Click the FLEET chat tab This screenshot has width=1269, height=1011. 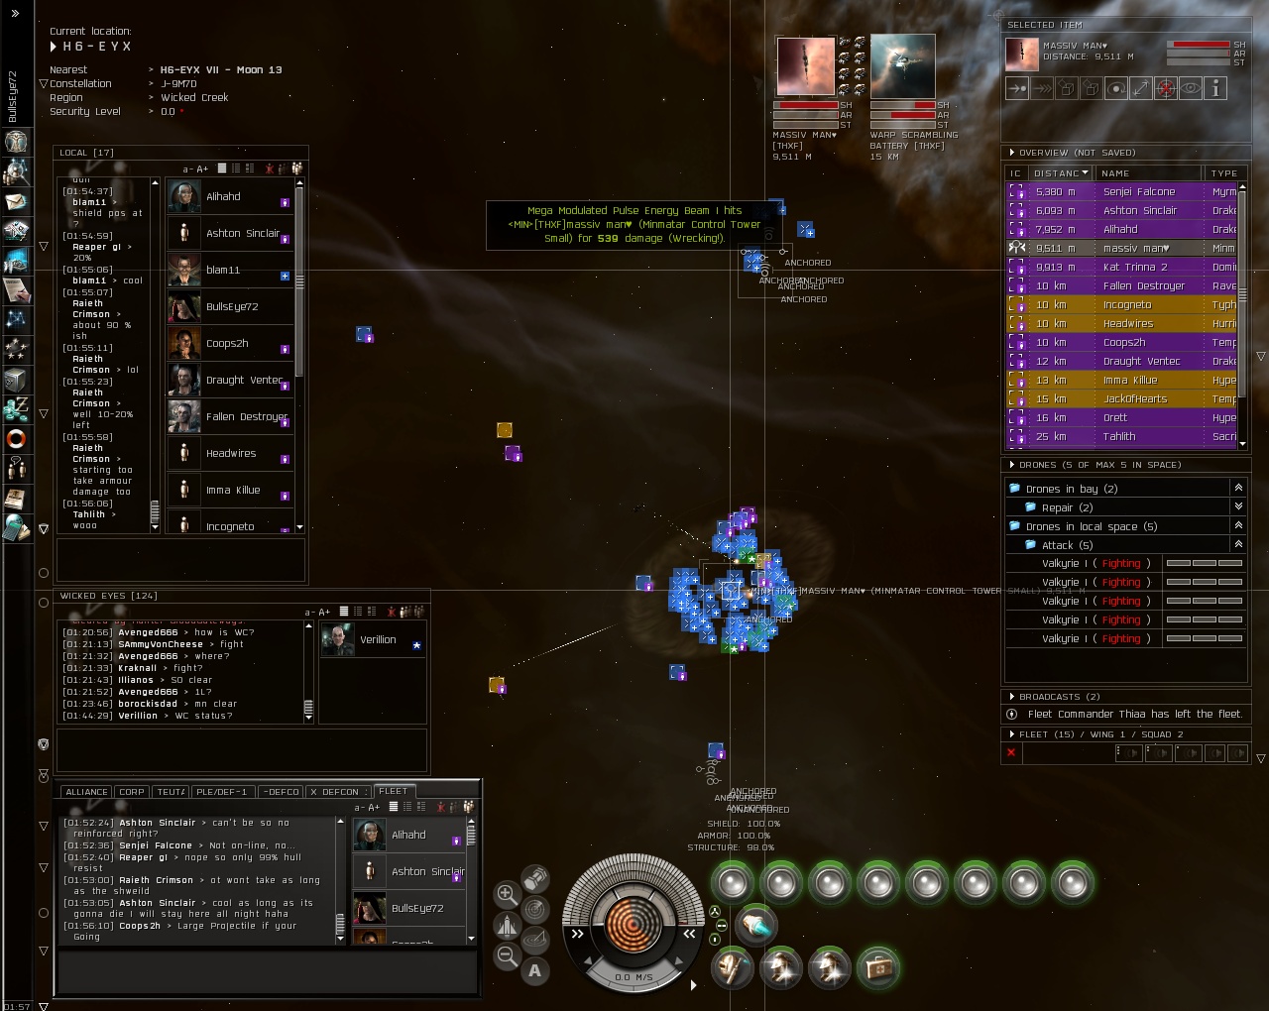pyautogui.click(x=393, y=791)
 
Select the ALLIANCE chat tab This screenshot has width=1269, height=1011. pyautogui.click(x=86, y=792)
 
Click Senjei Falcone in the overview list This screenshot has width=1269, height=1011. pyautogui.click(x=1139, y=192)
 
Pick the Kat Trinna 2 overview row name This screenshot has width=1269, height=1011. pyautogui.click(x=1135, y=267)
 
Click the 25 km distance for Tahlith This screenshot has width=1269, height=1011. pyautogui.click(x=1050, y=437)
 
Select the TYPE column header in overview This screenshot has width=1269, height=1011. pyautogui.click(x=1223, y=173)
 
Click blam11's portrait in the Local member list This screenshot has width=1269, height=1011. pyautogui.click(x=184, y=270)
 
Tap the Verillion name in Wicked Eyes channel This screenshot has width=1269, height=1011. pyautogui.click(x=378, y=640)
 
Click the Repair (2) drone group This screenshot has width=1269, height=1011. pyautogui.click(x=1067, y=507)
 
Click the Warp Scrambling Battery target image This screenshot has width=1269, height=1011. pyautogui.click(x=902, y=66)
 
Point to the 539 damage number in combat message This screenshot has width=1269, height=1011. pyautogui.click(x=608, y=239)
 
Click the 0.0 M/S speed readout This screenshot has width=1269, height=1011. pyautogui.click(x=634, y=977)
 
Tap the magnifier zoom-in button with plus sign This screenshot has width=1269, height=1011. pyautogui.click(x=507, y=893)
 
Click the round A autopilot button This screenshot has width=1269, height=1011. pyautogui.click(x=535, y=971)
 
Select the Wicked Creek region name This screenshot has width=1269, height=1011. pyautogui.click(x=194, y=98)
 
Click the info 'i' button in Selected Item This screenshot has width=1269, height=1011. pyautogui.click(x=1215, y=88)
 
